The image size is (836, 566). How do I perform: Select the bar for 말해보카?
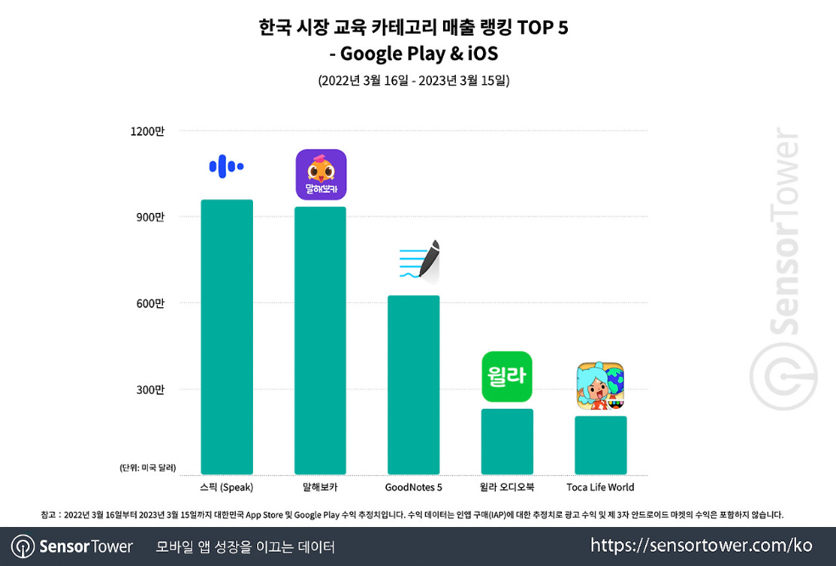click(320, 340)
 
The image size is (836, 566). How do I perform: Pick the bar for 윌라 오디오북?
click(507, 441)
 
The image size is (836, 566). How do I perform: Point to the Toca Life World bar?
click(600, 445)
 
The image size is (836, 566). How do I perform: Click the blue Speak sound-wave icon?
click(226, 166)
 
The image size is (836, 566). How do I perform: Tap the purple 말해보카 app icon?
click(321, 175)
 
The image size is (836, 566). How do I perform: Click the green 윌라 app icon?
click(507, 376)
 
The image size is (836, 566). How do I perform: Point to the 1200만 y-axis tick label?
click(148, 132)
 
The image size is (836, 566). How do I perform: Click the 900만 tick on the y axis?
click(150, 217)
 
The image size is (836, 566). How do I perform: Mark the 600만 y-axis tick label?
click(150, 304)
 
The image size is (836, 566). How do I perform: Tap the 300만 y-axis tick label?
click(150, 389)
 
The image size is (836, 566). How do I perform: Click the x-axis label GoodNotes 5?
click(413, 487)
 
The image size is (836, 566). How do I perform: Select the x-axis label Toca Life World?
click(600, 487)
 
